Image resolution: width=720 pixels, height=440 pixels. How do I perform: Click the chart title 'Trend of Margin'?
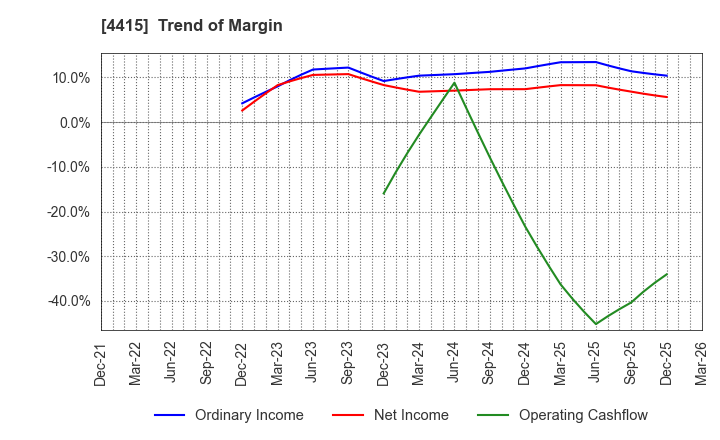click(x=225, y=26)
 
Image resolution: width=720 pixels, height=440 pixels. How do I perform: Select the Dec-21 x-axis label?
click(x=101, y=361)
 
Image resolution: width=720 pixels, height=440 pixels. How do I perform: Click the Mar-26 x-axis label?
click(x=701, y=361)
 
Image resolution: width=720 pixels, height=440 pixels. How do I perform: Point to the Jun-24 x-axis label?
click(x=454, y=361)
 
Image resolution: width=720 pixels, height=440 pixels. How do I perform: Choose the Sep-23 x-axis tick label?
click(x=348, y=361)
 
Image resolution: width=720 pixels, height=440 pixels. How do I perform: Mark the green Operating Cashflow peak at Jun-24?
click(x=454, y=83)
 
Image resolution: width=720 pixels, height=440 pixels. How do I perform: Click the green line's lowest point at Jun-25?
click(x=596, y=324)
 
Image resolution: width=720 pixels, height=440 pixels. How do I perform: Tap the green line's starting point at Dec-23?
click(x=383, y=194)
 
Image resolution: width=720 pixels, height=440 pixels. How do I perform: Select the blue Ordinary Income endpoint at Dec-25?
click(x=667, y=76)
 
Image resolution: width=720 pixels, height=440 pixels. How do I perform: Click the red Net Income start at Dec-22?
click(x=242, y=110)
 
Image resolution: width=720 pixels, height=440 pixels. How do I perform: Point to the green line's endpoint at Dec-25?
click(x=667, y=274)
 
